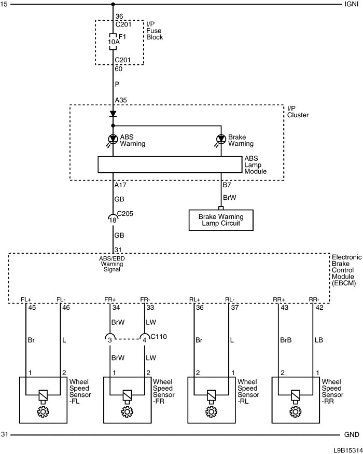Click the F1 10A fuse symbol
[x=113, y=42]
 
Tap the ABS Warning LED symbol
[x=113, y=139]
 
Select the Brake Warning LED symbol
[x=221, y=139]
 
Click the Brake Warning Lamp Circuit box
[x=221, y=220]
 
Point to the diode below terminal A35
[x=113, y=114]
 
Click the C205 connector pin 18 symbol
[x=113, y=218]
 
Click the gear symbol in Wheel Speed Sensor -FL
[x=43, y=411]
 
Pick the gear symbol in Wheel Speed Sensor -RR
[x=295, y=411]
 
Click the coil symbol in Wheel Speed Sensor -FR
[x=127, y=395]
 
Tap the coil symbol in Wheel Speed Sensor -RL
[x=211, y=395]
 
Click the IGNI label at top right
[x=352, y=4]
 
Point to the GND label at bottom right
[x=352, y=435]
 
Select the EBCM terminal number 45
[x=32, y=308]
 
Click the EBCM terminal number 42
[x=319, y=308]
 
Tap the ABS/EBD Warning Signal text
[x=112, y=264]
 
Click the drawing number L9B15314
[x=347, y=450]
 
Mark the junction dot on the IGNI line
[x=113, y=4]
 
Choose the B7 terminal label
[x=227, y=185]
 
